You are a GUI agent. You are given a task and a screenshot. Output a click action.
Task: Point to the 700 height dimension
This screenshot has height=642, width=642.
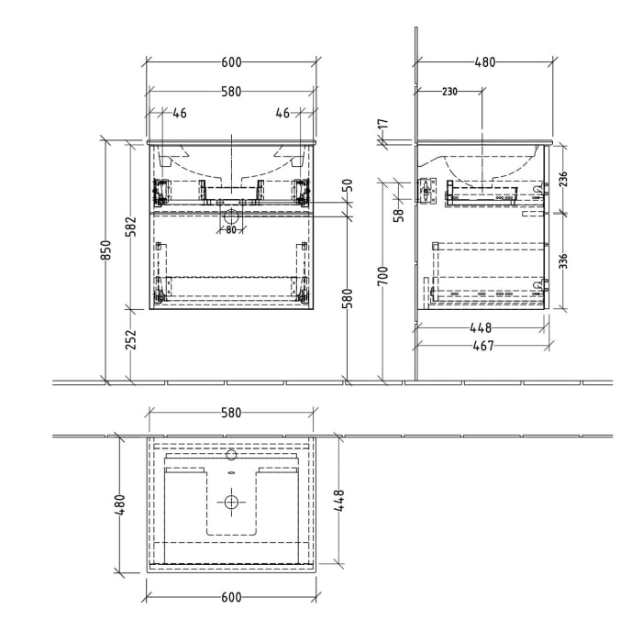pos(382,275)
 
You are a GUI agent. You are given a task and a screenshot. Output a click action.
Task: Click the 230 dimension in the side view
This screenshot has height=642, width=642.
pos(449,92)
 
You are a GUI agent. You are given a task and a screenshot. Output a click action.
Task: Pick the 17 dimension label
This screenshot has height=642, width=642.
pos(382,123)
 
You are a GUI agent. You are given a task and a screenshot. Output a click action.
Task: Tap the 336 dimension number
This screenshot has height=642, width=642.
pos(566,260)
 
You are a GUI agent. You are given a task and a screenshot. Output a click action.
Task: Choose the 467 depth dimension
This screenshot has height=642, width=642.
pos(482,346)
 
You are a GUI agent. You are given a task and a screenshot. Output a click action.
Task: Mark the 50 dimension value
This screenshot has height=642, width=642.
pos(348,184)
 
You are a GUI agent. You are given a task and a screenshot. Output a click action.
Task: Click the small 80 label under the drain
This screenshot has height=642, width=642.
pos(231,229)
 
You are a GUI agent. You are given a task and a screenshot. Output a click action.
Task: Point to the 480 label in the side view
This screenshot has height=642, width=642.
pos(484,62)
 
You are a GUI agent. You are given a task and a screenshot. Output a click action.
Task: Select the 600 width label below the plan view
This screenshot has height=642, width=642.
pos(231,598)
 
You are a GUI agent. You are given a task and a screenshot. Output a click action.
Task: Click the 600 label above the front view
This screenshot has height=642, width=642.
pos(231,62)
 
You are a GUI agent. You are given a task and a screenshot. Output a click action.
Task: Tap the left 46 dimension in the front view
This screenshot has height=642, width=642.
pos(180,114)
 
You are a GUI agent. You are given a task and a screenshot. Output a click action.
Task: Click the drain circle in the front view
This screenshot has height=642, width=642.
pos(231,217)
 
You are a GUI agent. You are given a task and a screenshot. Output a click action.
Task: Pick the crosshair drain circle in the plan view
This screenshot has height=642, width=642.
pos(231,502)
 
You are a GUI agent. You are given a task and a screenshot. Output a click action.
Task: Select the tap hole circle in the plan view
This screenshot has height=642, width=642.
pos(231,454)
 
